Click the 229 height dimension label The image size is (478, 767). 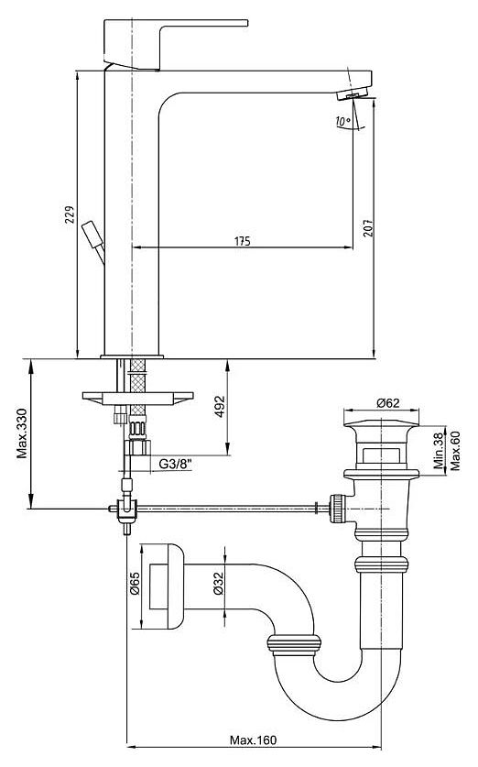pos(70,215)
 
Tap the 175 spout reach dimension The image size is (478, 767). pos(243,241)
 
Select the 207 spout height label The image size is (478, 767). pos(368,228)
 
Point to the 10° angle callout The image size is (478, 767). pos(343,121)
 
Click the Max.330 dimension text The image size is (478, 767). pos(22,433)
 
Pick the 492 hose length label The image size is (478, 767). pos(220,407)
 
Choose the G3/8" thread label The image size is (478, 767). pos(175,464)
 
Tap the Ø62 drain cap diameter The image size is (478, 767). pos(388,402)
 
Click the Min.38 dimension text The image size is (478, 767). pos(440,450)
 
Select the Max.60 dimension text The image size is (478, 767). pos(455,450)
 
